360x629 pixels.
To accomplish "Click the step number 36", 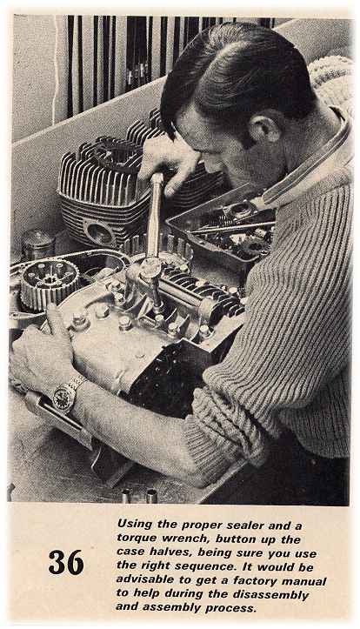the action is pyautogui.click(x=66, y=562).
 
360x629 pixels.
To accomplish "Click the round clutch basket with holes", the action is pyautogui.click(x=50, y=284).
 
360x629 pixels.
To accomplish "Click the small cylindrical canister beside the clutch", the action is pyautogui.click(x=38, y=244).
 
